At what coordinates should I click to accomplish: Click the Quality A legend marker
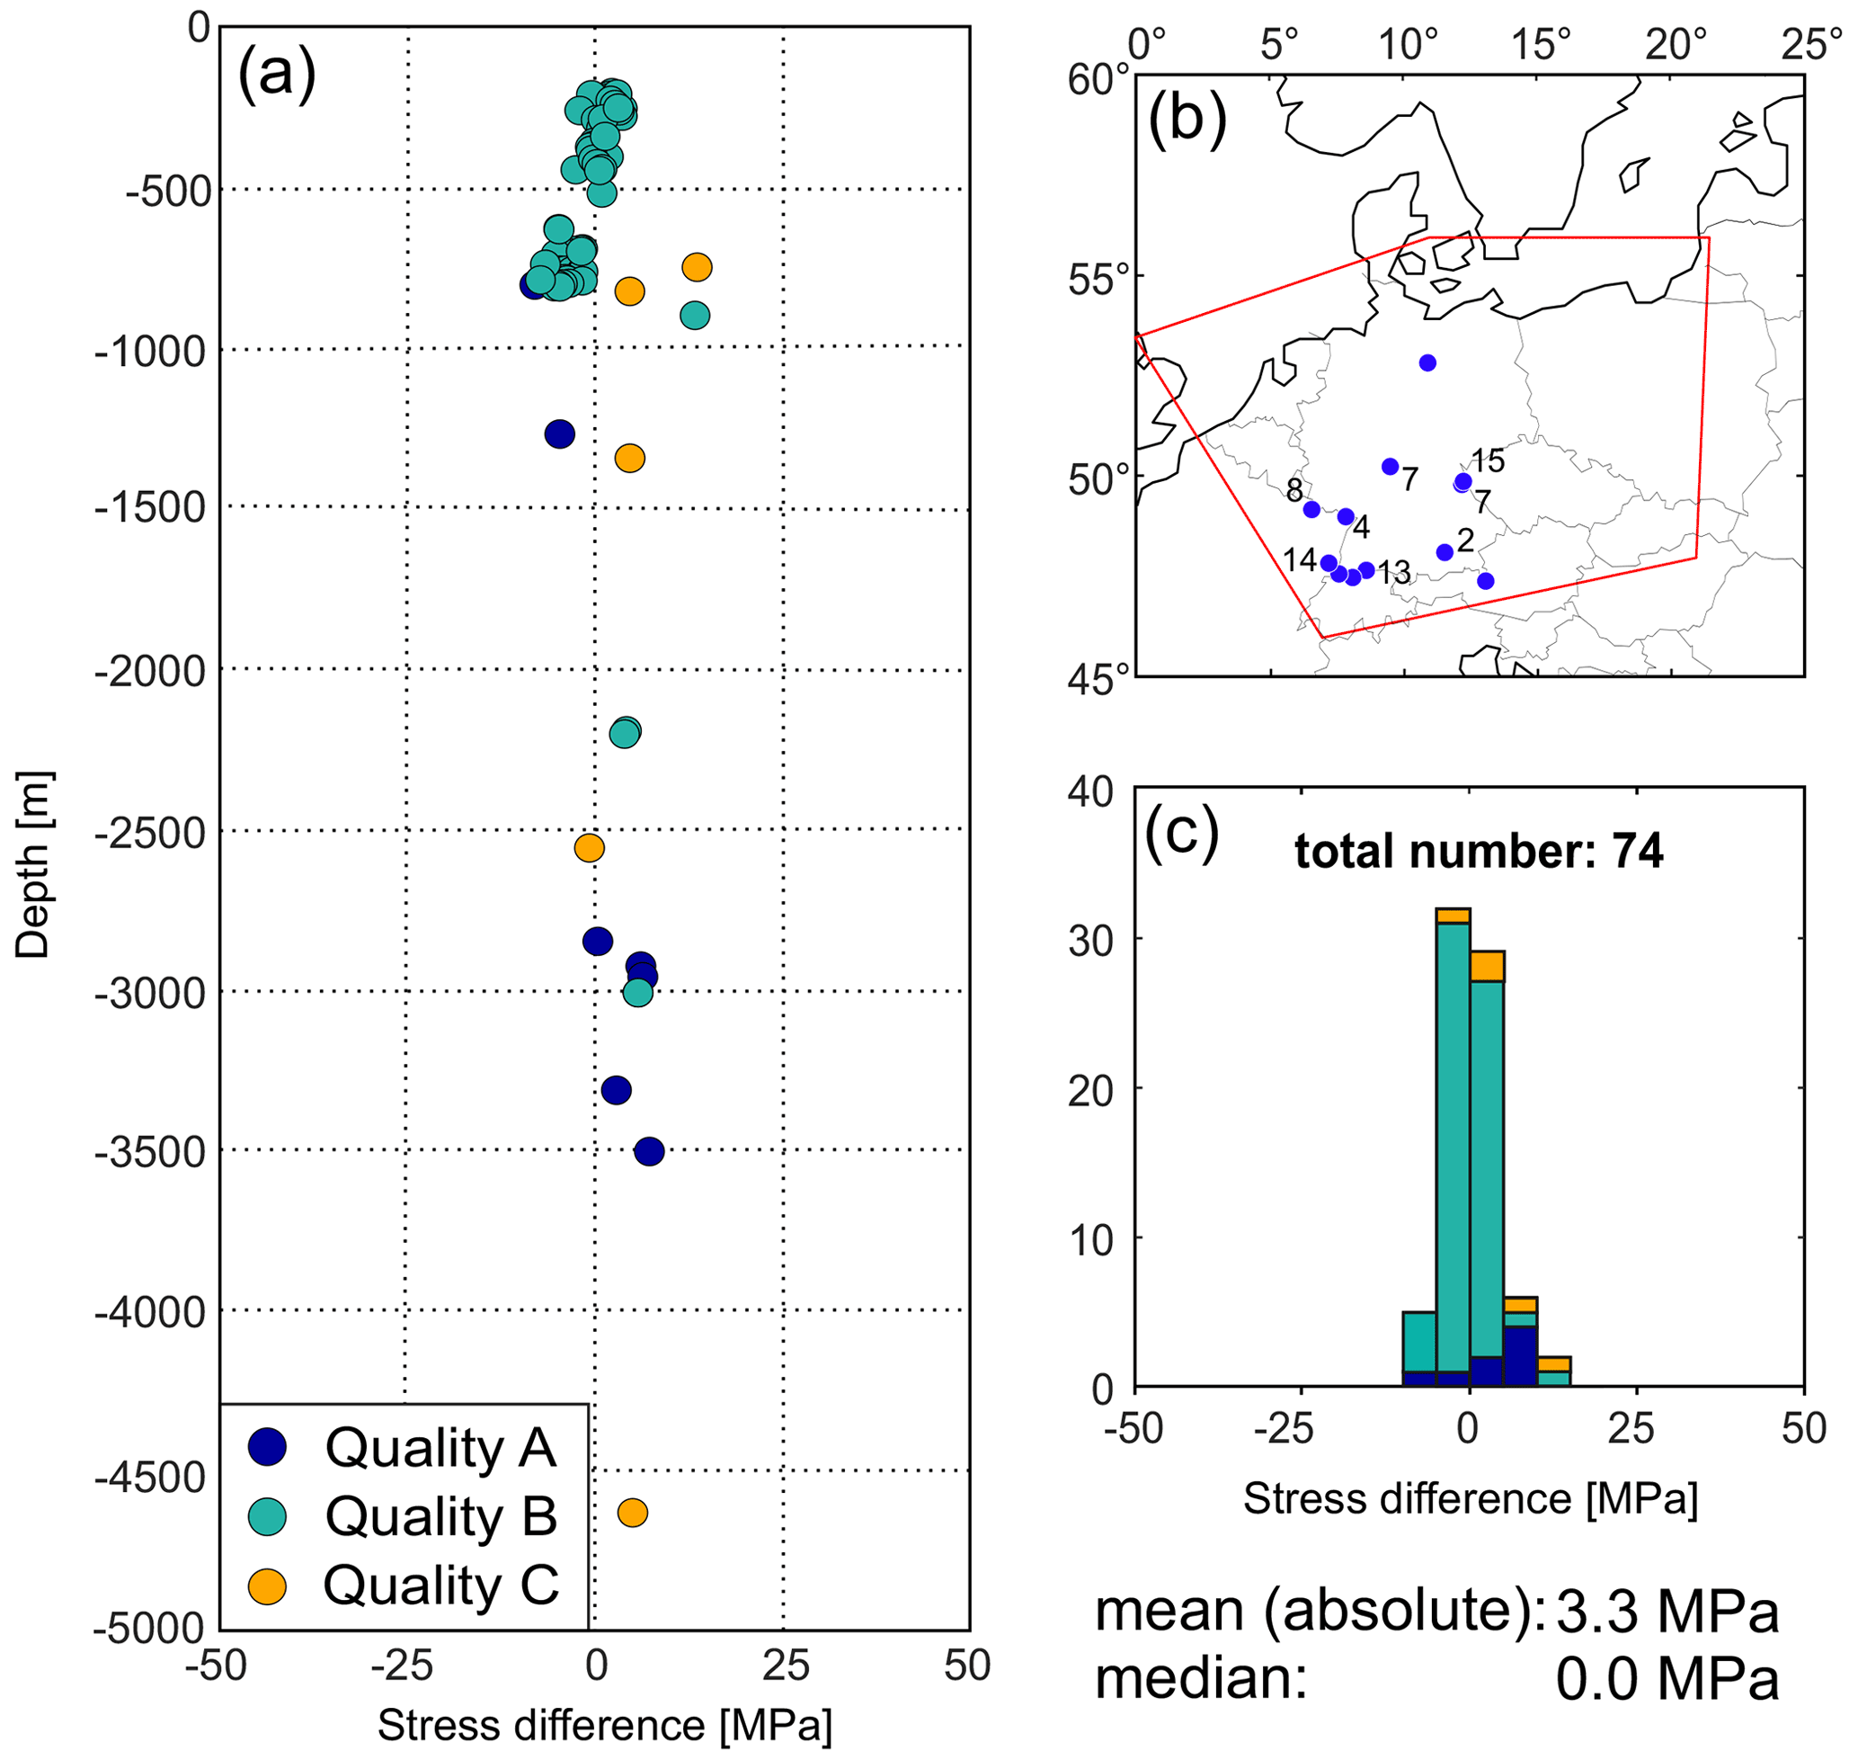[267, 1448]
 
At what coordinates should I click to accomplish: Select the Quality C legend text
[440, 1585]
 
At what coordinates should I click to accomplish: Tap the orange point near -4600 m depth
[632, 1513]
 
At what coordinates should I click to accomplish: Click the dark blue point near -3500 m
[649, 1151]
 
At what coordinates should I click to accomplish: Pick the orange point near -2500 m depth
[589, 848]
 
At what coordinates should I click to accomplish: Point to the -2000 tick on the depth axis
[150, 672]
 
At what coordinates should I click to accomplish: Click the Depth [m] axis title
[34, 865]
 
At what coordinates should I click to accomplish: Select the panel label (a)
[277, 72]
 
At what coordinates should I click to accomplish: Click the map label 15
[1488, 460]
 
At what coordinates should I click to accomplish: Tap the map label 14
[1300, 560]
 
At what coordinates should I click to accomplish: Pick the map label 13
[1394, 571]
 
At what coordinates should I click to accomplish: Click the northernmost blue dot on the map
[1427, 363]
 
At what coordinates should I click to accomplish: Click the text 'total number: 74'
[1479, 851]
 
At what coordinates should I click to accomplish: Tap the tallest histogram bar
[1453, 1145]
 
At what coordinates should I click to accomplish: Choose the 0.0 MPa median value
[1667, 1678]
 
